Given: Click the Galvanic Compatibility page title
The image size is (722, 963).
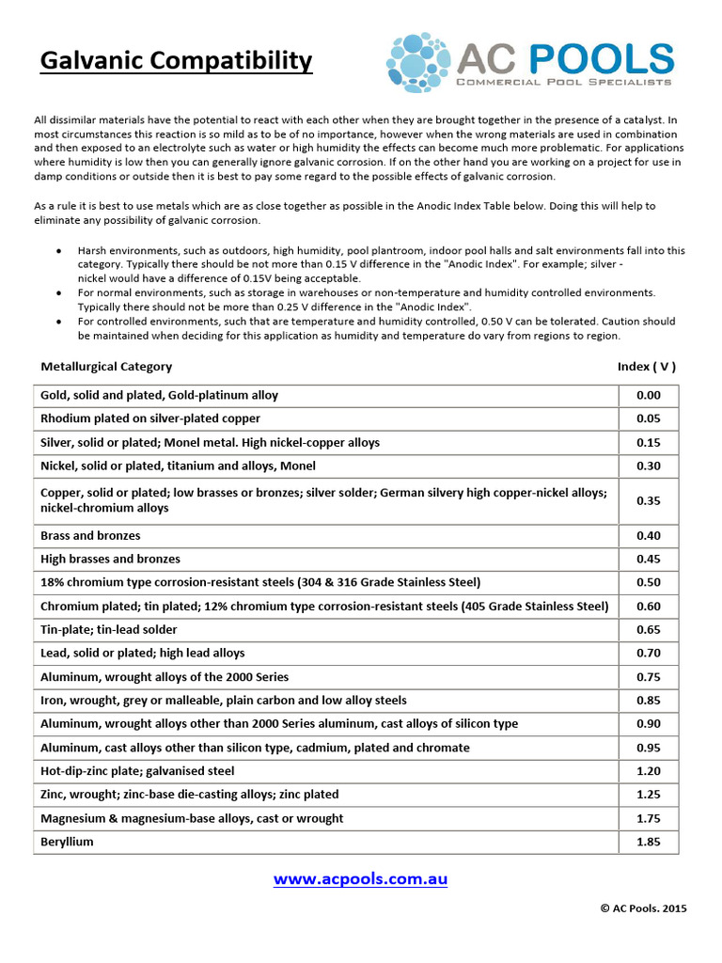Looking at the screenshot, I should tap(176, 61).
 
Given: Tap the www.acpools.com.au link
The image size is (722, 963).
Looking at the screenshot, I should tap(360, 879).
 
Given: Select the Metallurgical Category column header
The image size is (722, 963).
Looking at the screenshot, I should tap(106, 367).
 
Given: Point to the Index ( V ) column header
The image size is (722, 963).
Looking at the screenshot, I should tap(647, 367).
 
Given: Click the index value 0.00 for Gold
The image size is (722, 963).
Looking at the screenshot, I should tap(648, 396).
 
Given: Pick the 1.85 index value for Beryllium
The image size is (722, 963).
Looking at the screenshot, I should tap(648, 843).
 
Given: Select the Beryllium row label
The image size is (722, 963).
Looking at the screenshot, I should tap(67, 843).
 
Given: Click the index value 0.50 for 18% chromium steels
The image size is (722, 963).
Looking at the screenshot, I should tap(648, 583).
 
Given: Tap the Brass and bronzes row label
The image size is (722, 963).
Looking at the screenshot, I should tap(90, 536).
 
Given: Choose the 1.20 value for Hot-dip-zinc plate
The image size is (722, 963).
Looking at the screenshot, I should tap(648, 771).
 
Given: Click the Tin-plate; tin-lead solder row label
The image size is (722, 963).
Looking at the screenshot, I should tap(109, 630).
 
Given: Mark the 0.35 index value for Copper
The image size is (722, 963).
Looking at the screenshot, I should tap(648, 500).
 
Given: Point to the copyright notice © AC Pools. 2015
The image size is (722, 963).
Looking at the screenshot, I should tap(643, 908).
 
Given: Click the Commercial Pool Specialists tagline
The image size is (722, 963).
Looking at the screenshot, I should tap(564, 83).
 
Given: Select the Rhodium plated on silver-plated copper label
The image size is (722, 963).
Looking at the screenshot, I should tap(150, 418).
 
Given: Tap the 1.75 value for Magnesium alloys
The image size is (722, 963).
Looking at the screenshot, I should tap(648, 819).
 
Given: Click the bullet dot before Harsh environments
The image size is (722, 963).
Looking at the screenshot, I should tap(60, 252).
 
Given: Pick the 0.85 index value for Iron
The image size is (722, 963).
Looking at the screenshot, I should tap(648, 701).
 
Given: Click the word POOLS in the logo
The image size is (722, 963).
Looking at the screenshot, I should tap(602, 58).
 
